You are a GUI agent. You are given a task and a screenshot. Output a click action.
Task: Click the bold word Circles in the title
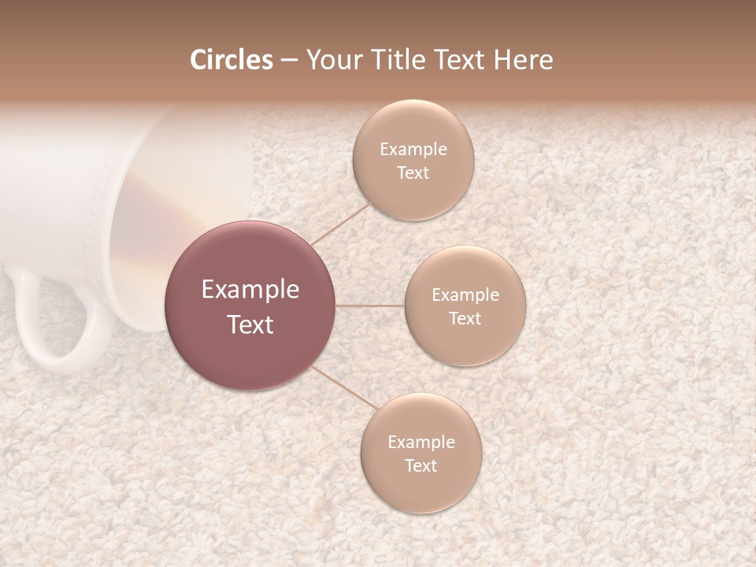(x=232, y=60)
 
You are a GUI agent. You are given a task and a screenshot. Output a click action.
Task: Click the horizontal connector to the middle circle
(x=370, y=306)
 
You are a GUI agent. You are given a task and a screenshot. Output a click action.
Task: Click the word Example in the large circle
(x=250, y=290)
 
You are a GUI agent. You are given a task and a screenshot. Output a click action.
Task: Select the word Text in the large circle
(x=250, y=324)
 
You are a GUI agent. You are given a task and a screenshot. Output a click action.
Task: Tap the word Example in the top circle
(x=413, y=150)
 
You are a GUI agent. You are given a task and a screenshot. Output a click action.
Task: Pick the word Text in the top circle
(x=413, y=173)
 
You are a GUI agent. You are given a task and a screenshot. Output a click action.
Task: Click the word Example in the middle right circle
(x=465, y=295)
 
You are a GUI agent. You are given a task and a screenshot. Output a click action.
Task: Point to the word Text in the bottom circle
(x=421, y=466)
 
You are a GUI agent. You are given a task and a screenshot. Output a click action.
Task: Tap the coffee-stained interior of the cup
(x=146, y=236)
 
